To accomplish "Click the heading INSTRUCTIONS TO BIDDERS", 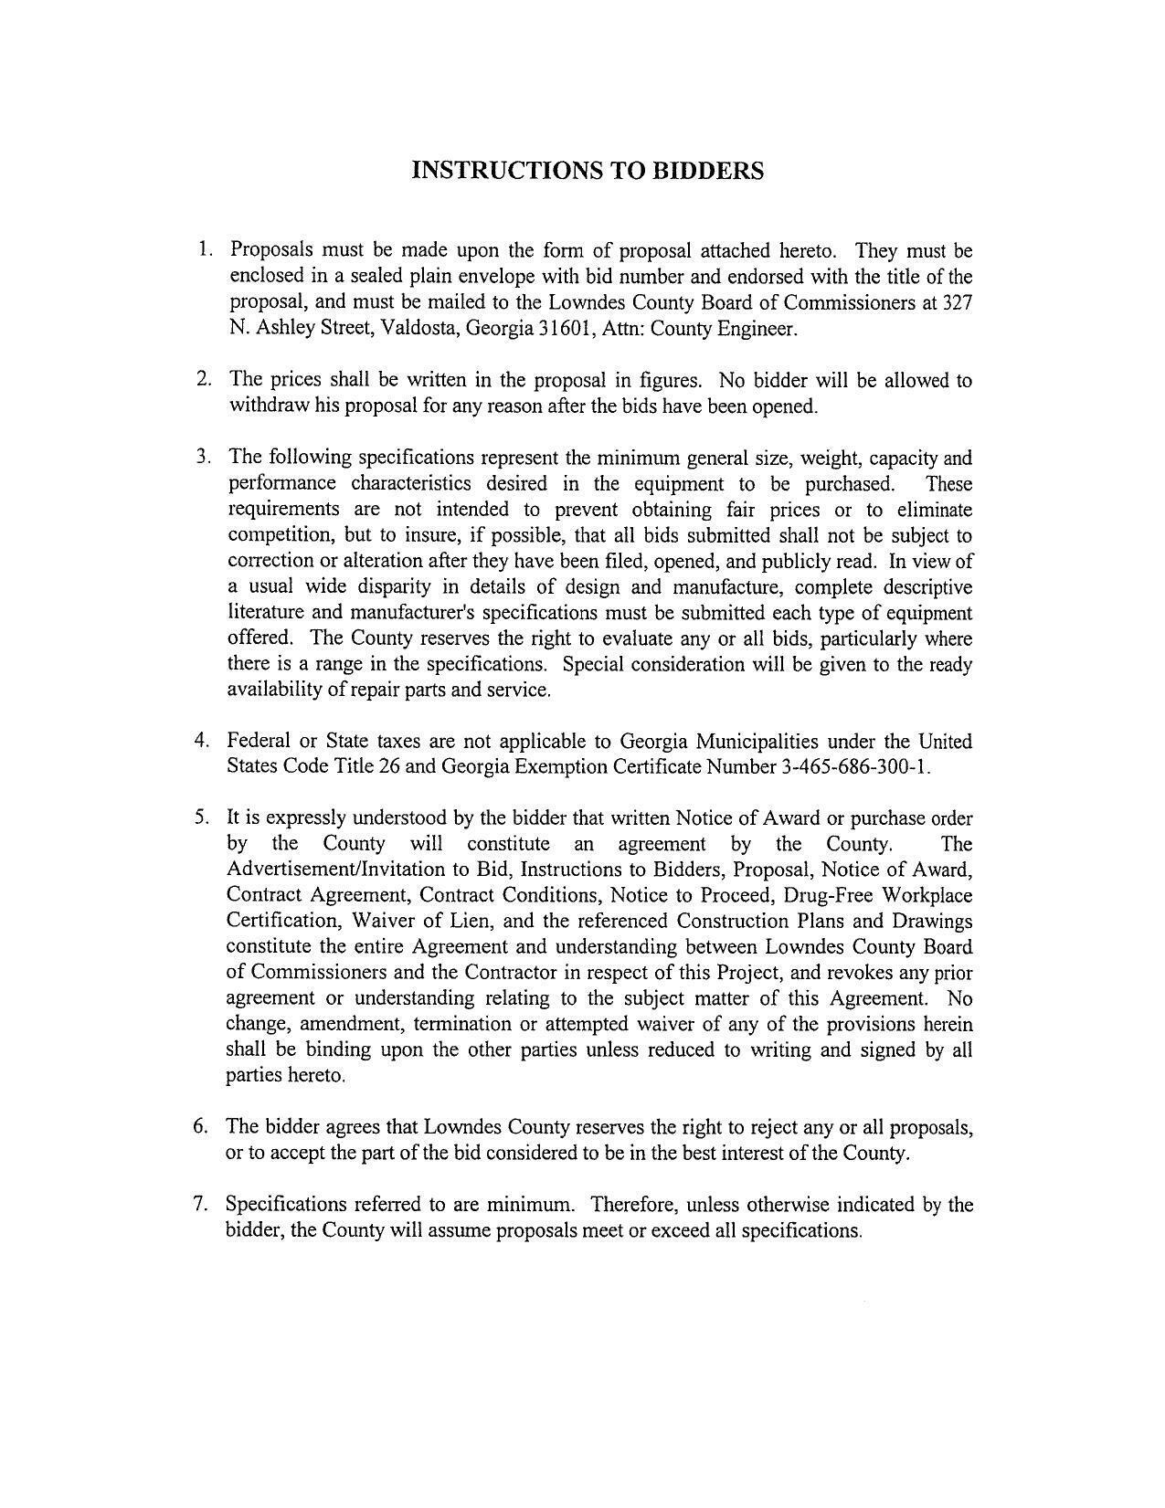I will pos(587,171).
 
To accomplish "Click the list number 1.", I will pos(206,249).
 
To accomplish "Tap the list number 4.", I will pos(202,740).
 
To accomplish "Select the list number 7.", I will pos(202,1204).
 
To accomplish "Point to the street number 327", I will pos(956,303).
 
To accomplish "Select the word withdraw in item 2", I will pos(269,406).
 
